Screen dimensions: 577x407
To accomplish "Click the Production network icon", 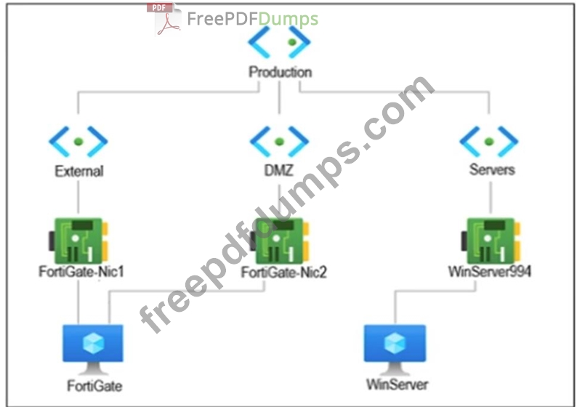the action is tap(279, 42).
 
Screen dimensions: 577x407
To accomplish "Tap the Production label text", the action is tap(281, 72).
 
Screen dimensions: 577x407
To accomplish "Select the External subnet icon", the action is tap(78, 141).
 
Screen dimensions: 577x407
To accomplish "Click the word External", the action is tap(79, 171).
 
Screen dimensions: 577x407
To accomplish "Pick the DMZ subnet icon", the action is tap(279, 141).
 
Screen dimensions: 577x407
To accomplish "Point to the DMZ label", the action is tap(279, 170).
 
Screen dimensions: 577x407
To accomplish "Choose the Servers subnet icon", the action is tap(489, 141).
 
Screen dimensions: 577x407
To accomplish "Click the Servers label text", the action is tap(492, 169).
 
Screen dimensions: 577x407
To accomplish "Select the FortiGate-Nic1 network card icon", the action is tap(78, 241).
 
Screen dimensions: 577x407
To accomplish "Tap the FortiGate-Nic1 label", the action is tap(81, 272).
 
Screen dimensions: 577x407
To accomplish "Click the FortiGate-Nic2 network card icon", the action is tap(279, 241).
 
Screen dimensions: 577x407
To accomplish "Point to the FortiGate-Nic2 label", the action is tap(283, 273).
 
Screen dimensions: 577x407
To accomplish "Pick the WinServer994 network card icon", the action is tap(491, 241).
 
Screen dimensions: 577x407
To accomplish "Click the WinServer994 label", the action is tap(489, 272).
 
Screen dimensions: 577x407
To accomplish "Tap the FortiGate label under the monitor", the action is tap(94, 386).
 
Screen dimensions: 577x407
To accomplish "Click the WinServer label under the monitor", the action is tap(398, 384).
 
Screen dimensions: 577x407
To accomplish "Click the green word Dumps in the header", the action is tap(288, 19).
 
